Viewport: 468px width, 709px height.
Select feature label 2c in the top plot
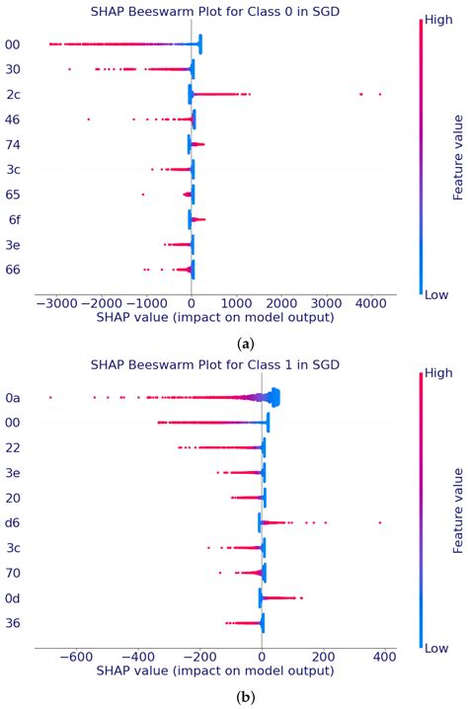click(12, 95)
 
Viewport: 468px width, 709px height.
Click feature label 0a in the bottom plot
click(13, 398)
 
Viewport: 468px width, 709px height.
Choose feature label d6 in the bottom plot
click(13, 522)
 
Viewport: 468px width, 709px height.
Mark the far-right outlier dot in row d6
click(380, 522)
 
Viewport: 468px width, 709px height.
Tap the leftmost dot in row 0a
click(50, 397)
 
